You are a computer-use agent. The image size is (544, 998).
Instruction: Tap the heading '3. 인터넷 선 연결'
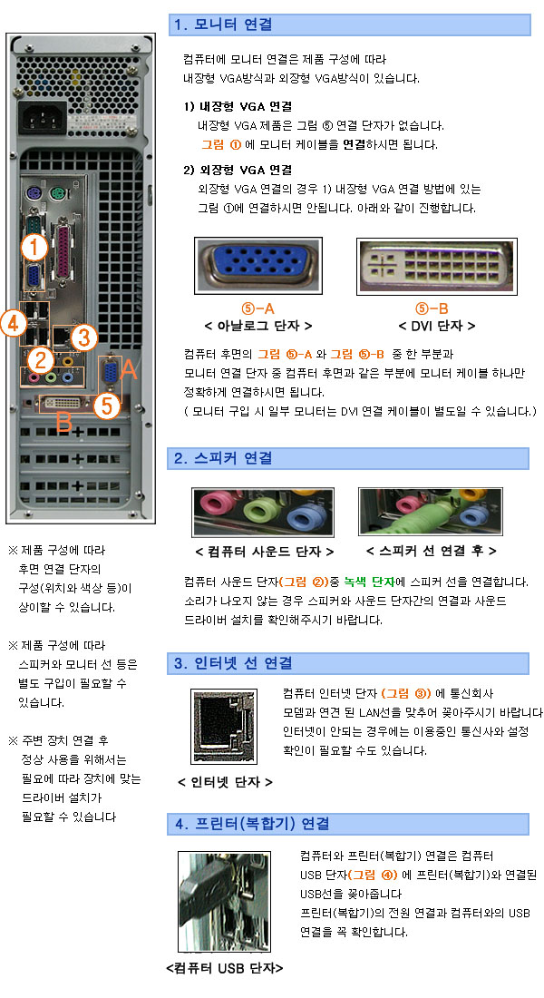233,663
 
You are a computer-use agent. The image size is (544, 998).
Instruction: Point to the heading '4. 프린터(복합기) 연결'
251,824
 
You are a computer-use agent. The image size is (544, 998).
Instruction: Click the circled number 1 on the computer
34,247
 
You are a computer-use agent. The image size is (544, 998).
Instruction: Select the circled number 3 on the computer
83,338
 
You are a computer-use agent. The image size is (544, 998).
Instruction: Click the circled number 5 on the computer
106,406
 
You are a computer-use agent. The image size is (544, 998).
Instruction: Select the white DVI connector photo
436,267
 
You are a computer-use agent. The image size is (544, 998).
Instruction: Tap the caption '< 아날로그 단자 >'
257,326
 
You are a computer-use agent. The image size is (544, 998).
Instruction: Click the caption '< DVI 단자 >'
436,326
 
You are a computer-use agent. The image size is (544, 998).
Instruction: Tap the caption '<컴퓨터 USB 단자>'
225,968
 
